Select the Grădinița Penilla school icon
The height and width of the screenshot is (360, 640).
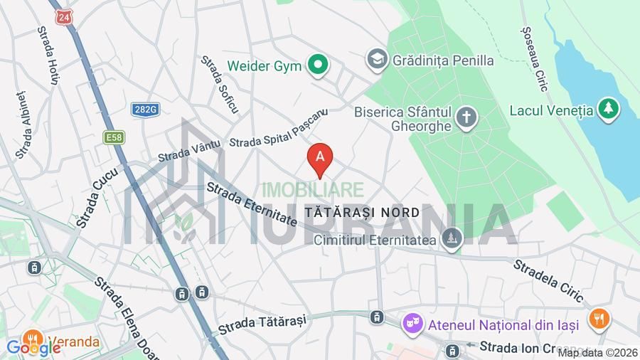(x=377, y=60)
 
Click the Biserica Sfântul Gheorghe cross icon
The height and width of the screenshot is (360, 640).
(x=466, y=117)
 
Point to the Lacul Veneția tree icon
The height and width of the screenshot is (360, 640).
(x=608, y=110)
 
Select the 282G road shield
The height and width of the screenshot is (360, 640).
(x=145, y=109)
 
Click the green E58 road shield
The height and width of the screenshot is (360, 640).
(x=113, y=137)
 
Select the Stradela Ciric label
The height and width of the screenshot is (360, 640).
(x=548, y=280)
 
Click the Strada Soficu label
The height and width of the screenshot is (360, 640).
(x=220, y=85)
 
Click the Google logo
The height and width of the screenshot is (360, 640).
(x=33, y=348)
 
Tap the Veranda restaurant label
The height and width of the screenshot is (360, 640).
(x=74, y=342)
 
